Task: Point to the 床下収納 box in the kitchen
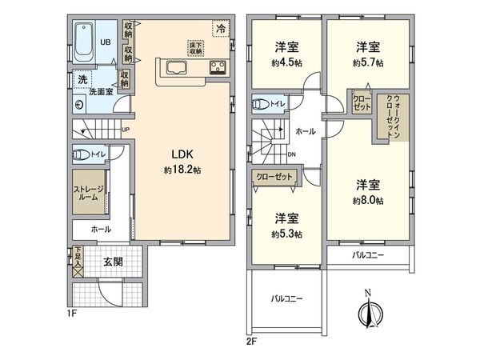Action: pyautogui.click(x=194, y=46)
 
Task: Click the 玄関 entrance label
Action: pyautogui.click(x=111, y=262)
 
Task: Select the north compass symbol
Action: pyautogui.click(x=367, y=312)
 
